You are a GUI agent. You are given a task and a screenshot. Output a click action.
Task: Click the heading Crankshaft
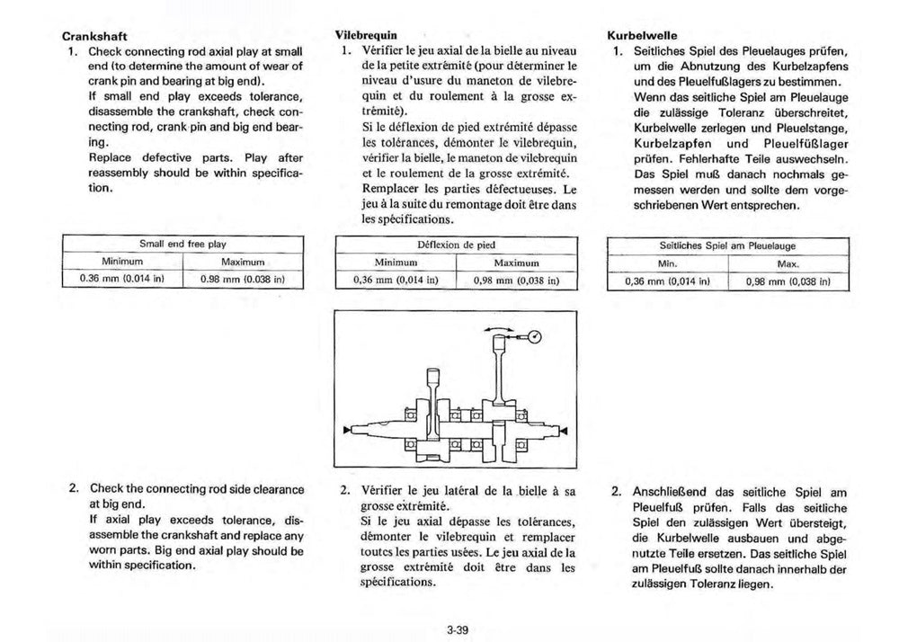pos(93,38)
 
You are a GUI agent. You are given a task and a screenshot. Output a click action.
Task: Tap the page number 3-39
pos(457,629)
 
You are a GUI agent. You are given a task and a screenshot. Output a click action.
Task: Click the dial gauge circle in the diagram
pos(535,339)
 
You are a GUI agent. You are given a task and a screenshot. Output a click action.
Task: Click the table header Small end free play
pos(182,244)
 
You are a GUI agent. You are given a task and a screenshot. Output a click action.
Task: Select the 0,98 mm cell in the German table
pos(788,281)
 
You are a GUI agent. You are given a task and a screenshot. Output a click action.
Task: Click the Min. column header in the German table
pos(667,263)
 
